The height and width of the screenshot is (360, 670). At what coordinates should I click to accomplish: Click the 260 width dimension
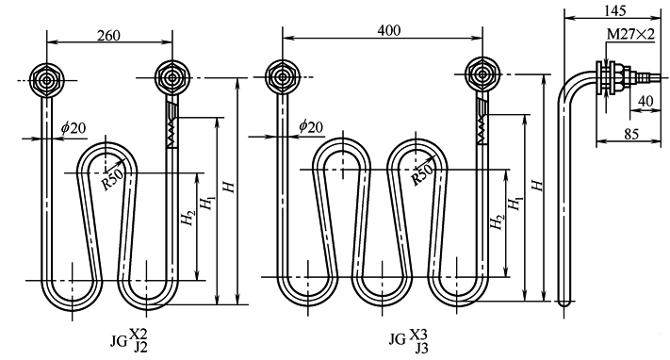point(108,36)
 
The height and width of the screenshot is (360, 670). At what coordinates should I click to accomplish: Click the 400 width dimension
point(389,30)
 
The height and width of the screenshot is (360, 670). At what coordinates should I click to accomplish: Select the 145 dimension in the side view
point(615,10)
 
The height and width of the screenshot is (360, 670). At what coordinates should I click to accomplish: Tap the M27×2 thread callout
point(630,34)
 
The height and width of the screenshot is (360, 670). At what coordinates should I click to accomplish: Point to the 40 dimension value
point(645,101)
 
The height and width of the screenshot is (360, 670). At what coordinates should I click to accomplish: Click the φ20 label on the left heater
point(74,127)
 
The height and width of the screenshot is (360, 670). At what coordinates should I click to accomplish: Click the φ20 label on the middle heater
point(311,126)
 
